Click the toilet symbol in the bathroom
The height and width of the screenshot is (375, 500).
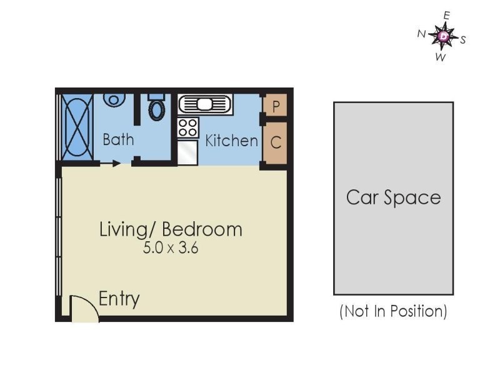coord(157,108)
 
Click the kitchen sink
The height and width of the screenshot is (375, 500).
coord(205,104)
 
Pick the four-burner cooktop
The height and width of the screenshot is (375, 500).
coord(187,127)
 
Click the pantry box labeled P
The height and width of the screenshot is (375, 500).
coord(276,106)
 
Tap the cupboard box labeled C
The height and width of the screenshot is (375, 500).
coord(276,142)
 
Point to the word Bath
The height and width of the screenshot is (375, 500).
coord(118,139)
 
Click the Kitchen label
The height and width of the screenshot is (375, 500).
coord(231,141)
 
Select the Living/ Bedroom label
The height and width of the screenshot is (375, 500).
coord(171,229)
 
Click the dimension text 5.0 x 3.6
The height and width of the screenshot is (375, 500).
coord(171,247)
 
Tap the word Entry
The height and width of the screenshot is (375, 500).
coord(119,299)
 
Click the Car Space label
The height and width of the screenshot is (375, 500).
coord(393,198)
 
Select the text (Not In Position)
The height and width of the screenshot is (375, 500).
coord(393,311)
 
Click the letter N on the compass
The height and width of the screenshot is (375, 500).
coord(421,34)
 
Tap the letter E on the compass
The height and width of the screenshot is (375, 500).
coord(446,15)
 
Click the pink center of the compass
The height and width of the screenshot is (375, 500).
coord(444,37)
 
